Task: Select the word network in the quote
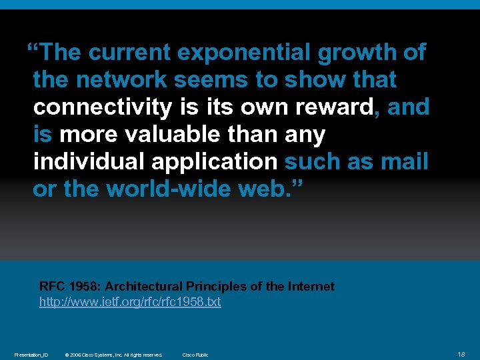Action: tap(121, 80)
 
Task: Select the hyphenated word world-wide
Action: tap(169, 189)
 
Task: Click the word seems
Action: tap(209, 80)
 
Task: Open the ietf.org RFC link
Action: tap(130, 302)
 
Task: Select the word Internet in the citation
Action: tap(311, 287)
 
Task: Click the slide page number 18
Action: tap(461, 354)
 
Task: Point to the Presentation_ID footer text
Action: tap(31, 355)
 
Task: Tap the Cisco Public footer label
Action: tap(195, 355)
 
